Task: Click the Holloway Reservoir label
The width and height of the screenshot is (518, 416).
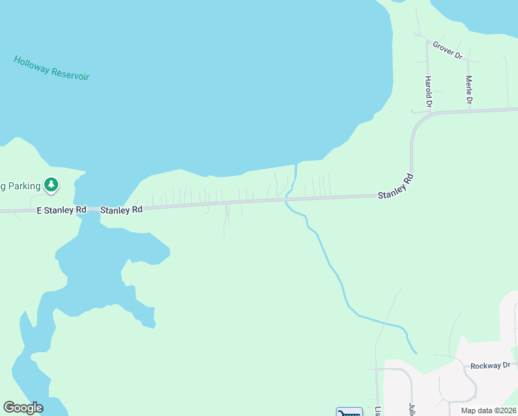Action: click(x=51, y=68)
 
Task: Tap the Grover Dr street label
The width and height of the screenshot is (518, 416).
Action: click(x=447, y=50)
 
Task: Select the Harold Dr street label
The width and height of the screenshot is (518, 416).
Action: click(x=429, y=92)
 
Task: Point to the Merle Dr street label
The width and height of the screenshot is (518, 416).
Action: click(x=469, y=90)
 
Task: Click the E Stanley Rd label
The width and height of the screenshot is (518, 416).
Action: click(x=62, y=209)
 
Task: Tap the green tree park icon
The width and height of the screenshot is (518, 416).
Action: click(x=51, y=184)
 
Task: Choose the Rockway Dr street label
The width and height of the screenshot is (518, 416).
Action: click(x=490, y=365)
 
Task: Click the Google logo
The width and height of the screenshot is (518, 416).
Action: click(x=23, y=408)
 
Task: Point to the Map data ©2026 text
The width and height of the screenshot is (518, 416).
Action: click(x=488, y=410)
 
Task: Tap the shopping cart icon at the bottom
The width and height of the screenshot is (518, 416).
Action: click(x=349, y=413)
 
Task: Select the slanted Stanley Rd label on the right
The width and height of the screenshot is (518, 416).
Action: click(x=395, y=187)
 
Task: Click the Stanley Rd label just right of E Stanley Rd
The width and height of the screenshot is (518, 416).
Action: click(x=121, y=209)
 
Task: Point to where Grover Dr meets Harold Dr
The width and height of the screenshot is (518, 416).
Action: click(x=427, y=39)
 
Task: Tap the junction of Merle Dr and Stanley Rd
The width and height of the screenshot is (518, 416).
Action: click(x=470, y=110)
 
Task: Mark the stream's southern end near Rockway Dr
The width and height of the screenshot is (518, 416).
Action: click(x=416, y=352)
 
